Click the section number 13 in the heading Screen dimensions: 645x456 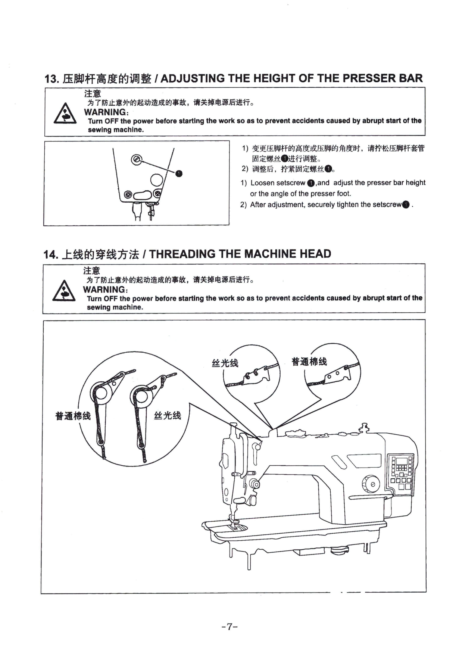click(x=51, y=79)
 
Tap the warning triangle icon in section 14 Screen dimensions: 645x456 click(x=64, y=291)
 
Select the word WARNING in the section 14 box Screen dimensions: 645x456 click(x=104, y=289)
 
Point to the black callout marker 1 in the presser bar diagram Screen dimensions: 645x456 click(x=179, y=174)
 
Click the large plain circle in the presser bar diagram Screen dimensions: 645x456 click(x=156, y=180)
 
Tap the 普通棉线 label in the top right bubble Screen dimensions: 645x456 click(x=309, y=361)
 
